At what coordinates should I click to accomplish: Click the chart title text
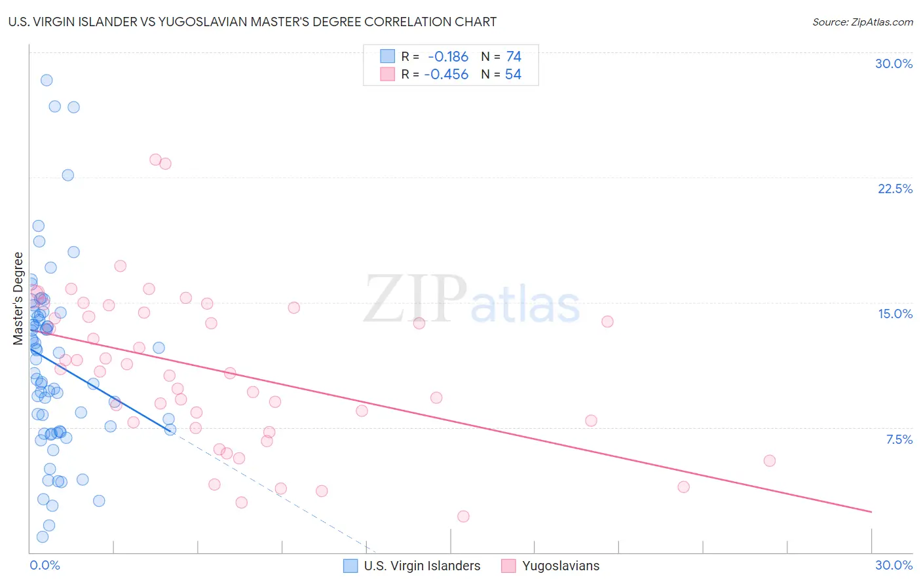(x=252, y=22)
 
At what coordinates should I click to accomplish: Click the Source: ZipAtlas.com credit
(x=862, y=22)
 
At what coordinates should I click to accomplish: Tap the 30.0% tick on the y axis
(x=893, y=64)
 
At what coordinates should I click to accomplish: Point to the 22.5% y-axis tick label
(x=895, y=189)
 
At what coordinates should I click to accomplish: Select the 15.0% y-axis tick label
(x=895, y=314)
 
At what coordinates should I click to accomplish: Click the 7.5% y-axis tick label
(x=899, y=439)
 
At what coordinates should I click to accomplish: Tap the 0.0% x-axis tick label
(x=45, y=565)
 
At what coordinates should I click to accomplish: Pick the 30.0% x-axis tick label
(x=893, y=565)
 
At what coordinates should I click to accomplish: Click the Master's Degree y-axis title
(x=18, y=299)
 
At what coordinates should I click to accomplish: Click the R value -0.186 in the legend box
(x=448, y=57)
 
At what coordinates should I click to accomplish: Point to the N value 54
(x=513, y=75)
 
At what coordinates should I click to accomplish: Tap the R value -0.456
(x=446, y=75)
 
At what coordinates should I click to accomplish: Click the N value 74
(x=514, y=57)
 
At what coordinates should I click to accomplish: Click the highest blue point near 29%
(x=47, y=80)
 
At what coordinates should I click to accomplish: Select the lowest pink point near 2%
(x=463, y=516)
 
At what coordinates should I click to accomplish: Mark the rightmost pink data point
(x=770, y=460)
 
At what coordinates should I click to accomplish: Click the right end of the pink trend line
(x=871, y=511)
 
